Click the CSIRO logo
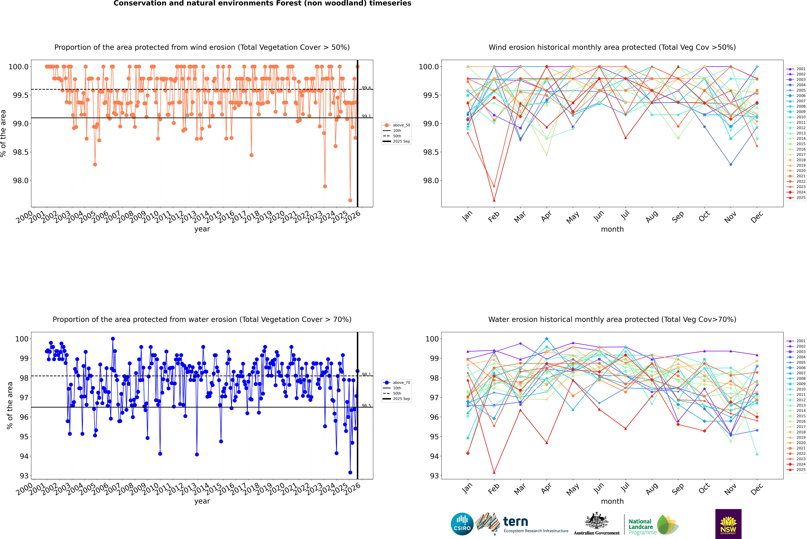[462, 524]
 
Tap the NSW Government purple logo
[728, 524]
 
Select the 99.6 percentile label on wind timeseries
[366, 88]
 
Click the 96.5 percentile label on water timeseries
[366, 406]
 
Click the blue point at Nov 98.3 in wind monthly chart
[731, 164]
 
